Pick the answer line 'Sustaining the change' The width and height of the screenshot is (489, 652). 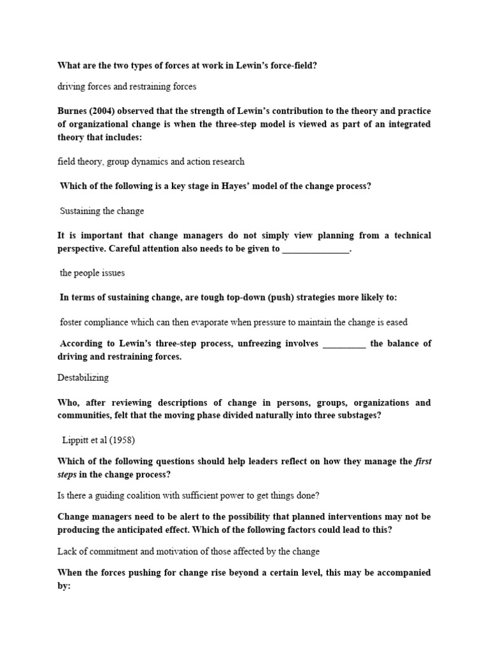tap(102, 211)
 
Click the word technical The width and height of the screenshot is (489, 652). tap(407, 236)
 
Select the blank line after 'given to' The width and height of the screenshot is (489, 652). tap(316, 249)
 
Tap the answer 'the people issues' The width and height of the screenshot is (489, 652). tap(92, 273)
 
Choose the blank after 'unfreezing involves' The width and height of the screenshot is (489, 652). tap(344, 344)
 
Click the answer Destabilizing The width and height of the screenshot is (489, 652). tap(83, 378)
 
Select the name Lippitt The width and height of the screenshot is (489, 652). tap(76, 441)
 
